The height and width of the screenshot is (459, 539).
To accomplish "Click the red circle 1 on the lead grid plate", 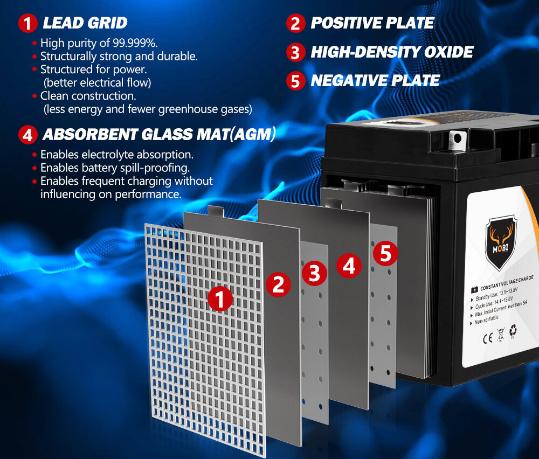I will coord(220,298).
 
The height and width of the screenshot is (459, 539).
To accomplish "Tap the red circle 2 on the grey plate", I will coord(278,283).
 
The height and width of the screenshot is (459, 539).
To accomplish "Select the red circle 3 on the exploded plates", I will coord(314,273).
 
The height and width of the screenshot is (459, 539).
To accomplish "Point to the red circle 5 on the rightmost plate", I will coord(385,253).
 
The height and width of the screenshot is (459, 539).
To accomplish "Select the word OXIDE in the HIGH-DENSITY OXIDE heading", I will coord(447,52).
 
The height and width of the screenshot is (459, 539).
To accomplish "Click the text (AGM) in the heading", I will coord(253,134).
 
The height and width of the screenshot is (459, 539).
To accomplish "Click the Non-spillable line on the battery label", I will coord(486,322).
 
